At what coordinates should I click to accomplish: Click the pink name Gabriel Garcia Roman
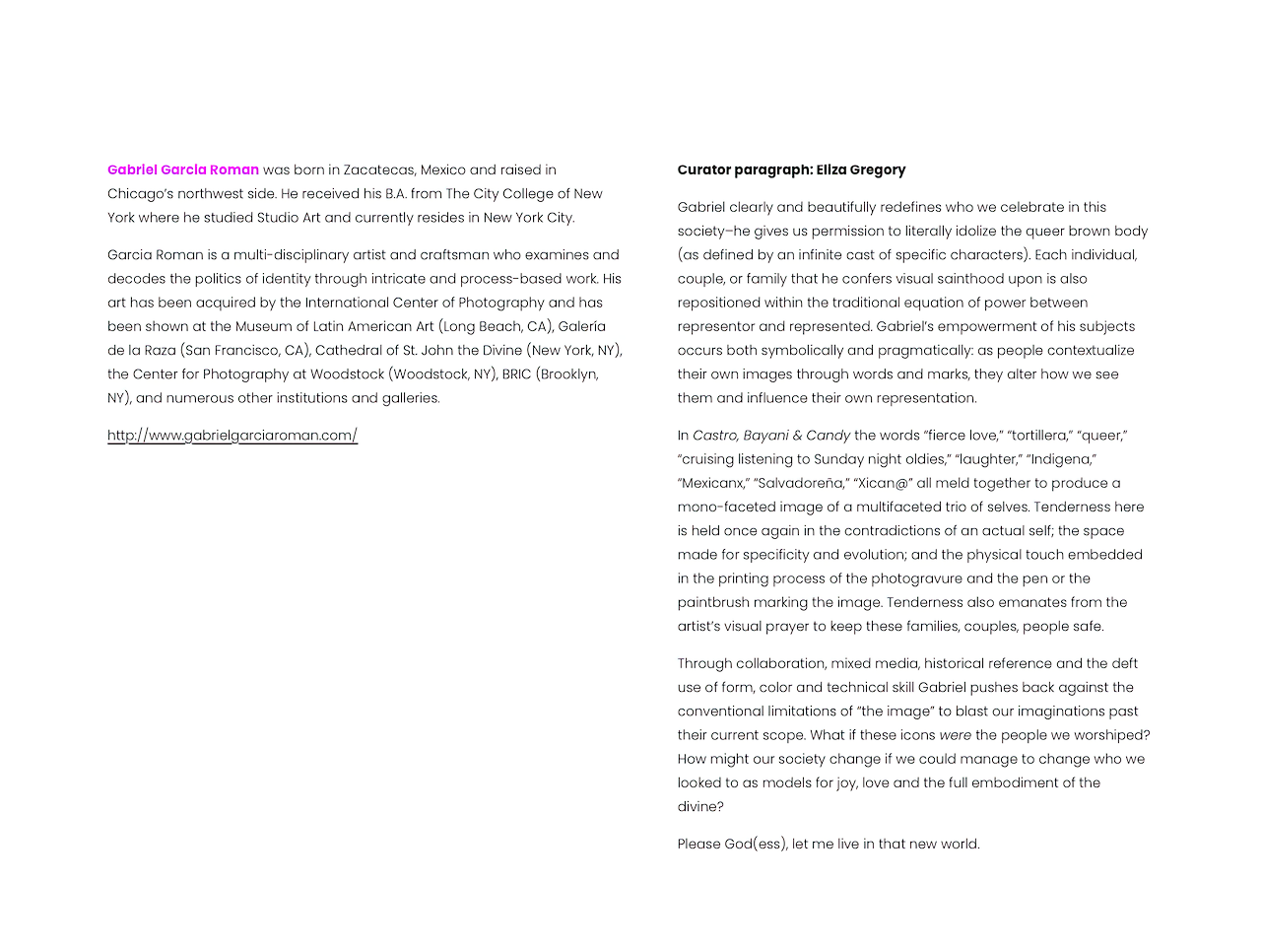tap(183, 170)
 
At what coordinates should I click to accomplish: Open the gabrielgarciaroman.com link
tap(232, 436)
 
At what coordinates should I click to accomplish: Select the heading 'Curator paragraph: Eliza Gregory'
tap(791, 170)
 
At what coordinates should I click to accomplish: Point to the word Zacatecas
tap(379, 170)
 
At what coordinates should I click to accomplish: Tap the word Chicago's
tap(141, 194)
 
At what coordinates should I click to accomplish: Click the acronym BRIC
tap(516, 374)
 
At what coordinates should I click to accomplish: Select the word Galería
tap(582, 326)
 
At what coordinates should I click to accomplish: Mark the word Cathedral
tap(350, 351)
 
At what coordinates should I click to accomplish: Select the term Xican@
tap(883, 483)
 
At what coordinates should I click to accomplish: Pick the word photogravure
tap(907, 578)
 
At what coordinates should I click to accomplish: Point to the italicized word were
tap(955, 735)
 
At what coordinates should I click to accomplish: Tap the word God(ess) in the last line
tap(756, 844)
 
